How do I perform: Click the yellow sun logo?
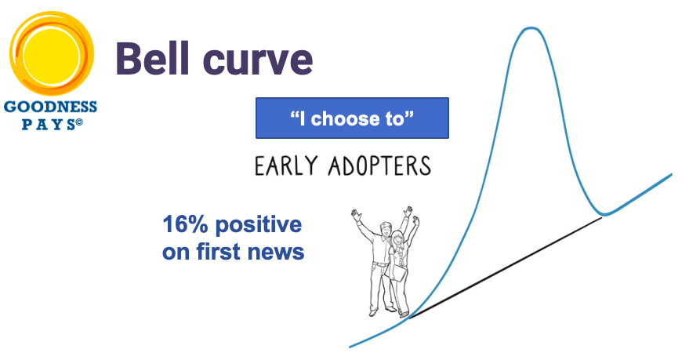[51, 53]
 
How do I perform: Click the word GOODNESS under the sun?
[50, 107]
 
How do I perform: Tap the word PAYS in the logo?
[49, 125]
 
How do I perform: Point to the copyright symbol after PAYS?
[79, 122]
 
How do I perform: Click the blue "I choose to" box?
[352, 118]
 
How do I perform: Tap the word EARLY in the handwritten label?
[287, 165]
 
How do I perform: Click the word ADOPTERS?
[379, 165]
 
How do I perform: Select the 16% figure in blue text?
[185, 224]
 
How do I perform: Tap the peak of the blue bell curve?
[531, 28]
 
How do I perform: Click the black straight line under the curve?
[506, 267]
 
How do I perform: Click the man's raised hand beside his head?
[356, 215]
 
